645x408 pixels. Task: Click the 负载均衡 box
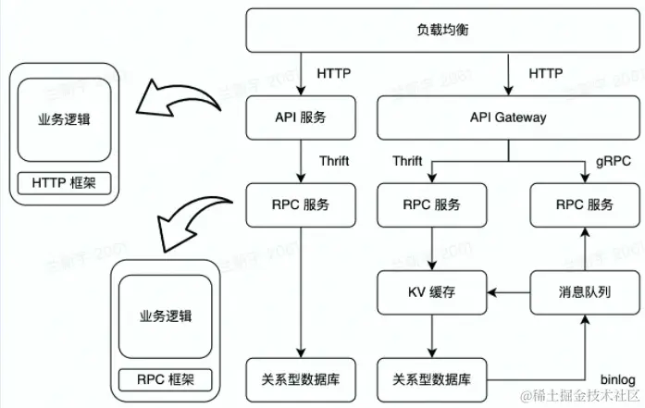tap(443, 31)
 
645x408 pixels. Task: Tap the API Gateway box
tap(508, 117)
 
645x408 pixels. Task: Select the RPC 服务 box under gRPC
tap(583, 204)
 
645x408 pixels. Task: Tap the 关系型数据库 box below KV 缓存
tap(433, 378)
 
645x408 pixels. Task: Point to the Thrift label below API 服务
tap(333, 161)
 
